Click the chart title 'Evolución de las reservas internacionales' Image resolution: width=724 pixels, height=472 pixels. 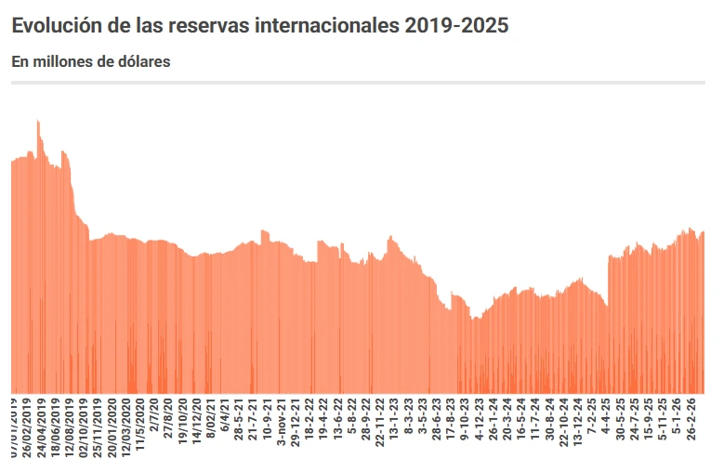pos(260,26)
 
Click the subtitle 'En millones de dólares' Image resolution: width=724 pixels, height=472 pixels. pos(90,61)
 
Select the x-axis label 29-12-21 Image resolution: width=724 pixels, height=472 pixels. pos(296,423)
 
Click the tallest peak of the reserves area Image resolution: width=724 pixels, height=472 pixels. pos(38,122)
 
